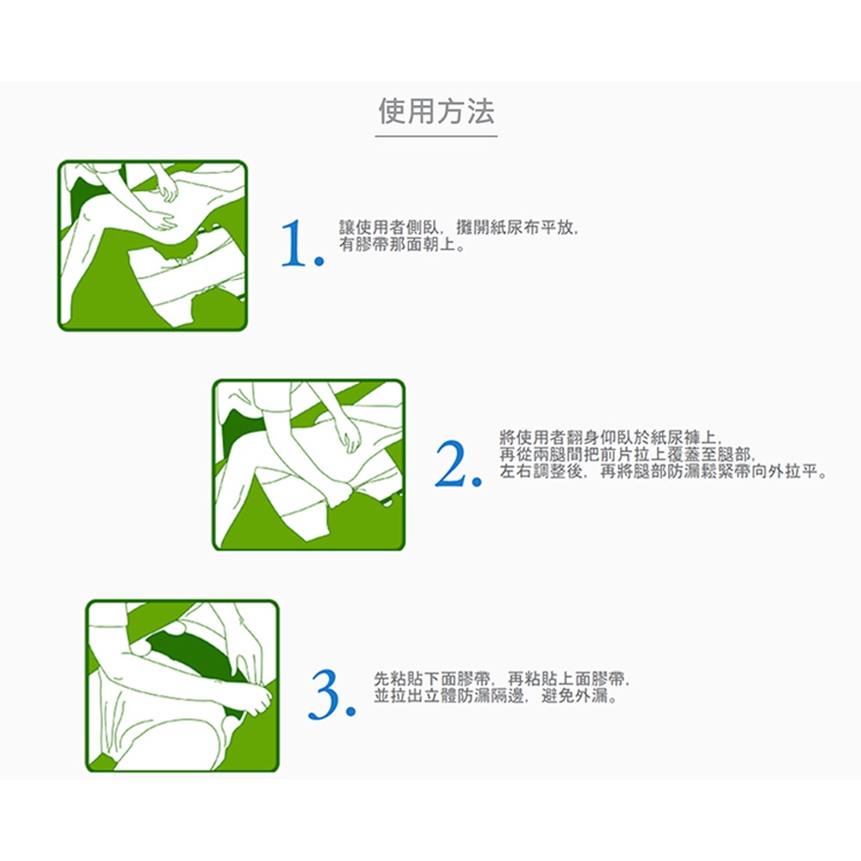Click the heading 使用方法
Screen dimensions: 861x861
tap(437, 111)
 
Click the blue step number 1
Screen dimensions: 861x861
tap(302, 243)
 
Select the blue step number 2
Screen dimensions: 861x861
tap(459, 464)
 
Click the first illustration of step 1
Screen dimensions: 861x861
tap(152, 245)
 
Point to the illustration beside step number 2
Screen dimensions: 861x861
tap(308, 465)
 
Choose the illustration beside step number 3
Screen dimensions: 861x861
tap(183, 686)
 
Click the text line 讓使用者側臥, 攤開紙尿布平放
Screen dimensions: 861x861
tap(459, 227)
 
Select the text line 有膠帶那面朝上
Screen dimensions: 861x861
tap(402, 245)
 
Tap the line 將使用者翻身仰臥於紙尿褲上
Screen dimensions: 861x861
tap(610, 437)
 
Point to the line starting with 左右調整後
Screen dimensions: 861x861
tap(663, 472)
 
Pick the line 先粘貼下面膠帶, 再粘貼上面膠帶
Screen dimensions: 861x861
tap(501, 679)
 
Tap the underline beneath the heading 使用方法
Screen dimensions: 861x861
tap(437, 136)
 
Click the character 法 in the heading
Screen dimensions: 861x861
tap(481, 111)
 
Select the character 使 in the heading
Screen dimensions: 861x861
tap(392, 111)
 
